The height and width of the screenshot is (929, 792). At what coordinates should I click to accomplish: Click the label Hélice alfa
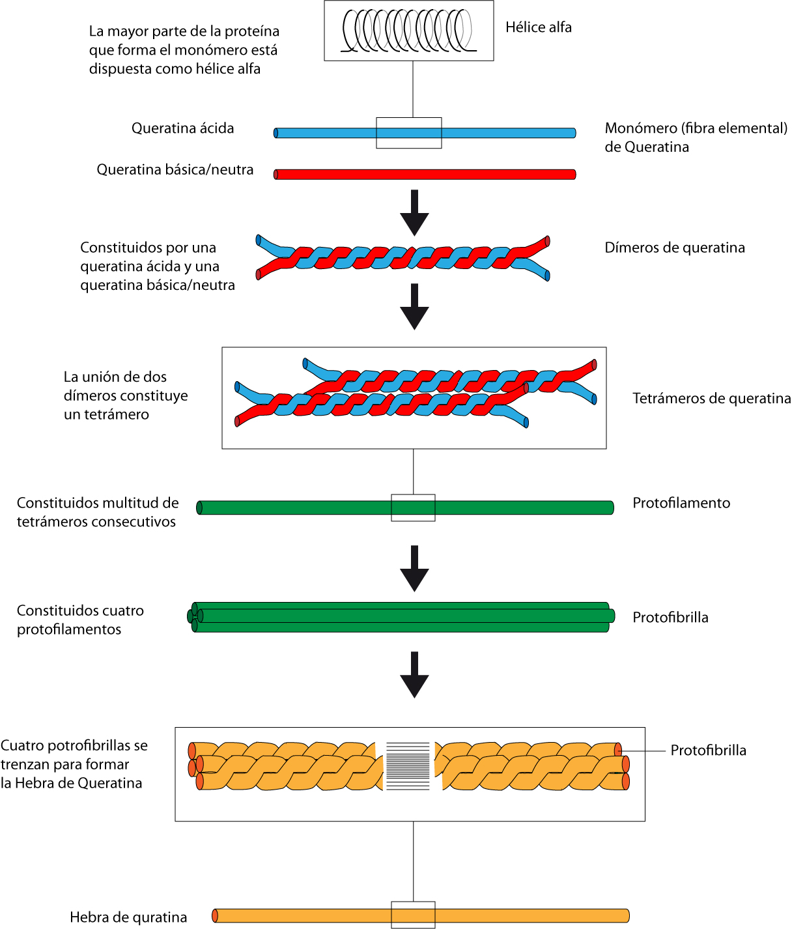tap(538, 27)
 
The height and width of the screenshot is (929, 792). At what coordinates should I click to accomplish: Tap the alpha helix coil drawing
tap(408, 31)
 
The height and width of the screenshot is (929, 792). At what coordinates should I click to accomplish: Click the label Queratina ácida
tap(182, 128)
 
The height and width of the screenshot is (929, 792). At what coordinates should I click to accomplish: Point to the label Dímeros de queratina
tap(674, 248)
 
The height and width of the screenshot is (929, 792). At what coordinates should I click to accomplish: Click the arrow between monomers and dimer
tap(414, 212)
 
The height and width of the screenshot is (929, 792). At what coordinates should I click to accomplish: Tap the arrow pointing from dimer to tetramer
tap(414, 306)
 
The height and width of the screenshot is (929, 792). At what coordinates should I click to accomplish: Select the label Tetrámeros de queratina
tap(711, 398)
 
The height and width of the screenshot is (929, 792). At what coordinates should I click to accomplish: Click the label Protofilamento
tap(681, 503)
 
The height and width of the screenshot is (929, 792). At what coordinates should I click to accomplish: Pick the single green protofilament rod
tap(293, 507)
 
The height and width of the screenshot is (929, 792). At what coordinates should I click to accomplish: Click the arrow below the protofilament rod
tap(414, 568)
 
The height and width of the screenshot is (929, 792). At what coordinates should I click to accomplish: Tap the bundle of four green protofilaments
tap(404, 617)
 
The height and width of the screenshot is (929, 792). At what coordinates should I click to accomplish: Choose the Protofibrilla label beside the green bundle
tap(670, 618)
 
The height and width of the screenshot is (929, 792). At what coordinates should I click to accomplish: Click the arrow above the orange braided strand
tap(414, 674)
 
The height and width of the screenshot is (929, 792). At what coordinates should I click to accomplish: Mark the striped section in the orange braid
tap(408, 765)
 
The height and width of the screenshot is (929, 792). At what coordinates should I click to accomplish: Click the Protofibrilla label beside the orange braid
tap(708, 750)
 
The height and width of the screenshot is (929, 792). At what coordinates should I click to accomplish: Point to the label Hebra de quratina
tap(128, 917)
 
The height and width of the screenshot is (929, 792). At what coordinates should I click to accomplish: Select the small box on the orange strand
tap(413, 915)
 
